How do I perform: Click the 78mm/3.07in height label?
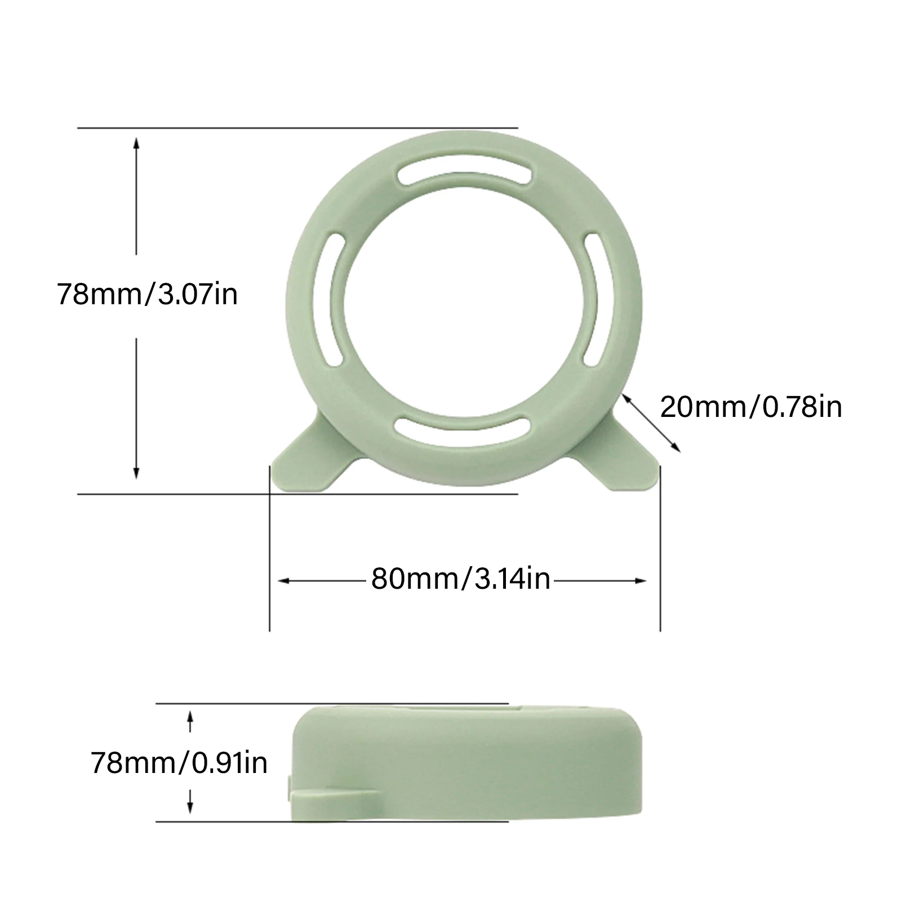[x=147, y=294]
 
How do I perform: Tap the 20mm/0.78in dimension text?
[x=751, y=406]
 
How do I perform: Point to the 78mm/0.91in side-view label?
[x=179, y=763]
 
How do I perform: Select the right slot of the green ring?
[x=594, y=301]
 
